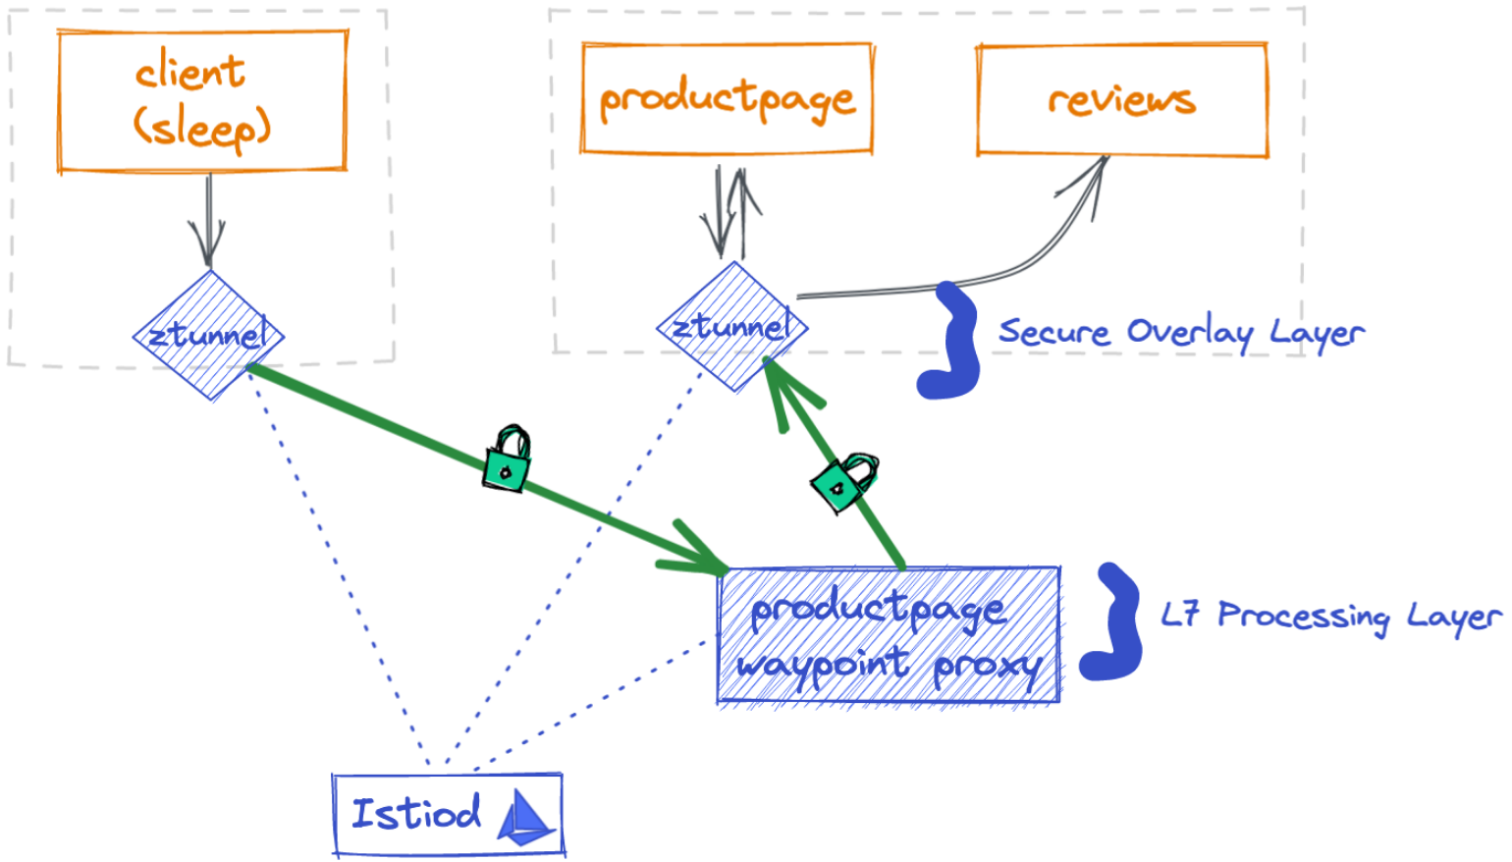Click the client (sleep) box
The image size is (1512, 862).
pyautogui.click(x=202, y=101)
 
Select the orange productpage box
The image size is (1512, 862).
pyautogui.click(x=727, y=98)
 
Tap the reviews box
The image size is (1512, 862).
pyautogui.click(x=1121, y=99)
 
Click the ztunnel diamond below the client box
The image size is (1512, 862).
pyautogui.click(x=208, y=336)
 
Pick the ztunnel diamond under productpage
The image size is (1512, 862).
pyautogui.click(x=732, y=327)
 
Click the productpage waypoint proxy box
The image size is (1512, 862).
pyautogui.click(x=889, y=635)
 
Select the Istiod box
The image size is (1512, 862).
pyautogui.click(x=448, y=815)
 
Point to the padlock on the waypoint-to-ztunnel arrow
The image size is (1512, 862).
pyautogui.click(x=843, y=482)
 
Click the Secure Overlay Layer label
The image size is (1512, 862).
pyautogui.click(x=1181, y=333)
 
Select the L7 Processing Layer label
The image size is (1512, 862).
pyautogui.click(x=1330, y=616)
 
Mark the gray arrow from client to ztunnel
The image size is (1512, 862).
pyautogui.click(x=207, y=221)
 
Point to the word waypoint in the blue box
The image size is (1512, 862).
pyautogui.click(x=823, y=665)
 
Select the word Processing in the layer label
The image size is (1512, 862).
pyautogui.click(x=1304, y=617)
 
